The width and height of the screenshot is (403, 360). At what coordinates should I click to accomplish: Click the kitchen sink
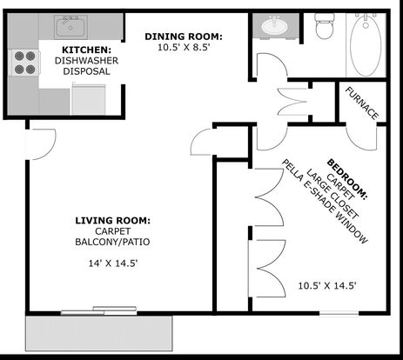click(x=71, y=27)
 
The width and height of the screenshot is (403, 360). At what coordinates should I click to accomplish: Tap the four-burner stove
click(x=24, y=63)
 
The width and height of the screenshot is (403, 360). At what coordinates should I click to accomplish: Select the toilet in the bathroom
click(x=325, y=26)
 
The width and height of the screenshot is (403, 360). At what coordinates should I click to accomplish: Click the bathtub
click(x=366, y=45)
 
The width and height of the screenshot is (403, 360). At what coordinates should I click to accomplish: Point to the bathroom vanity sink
click(x=274, y=26)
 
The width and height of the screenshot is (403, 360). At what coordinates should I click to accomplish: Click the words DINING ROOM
click(x=184, y=37)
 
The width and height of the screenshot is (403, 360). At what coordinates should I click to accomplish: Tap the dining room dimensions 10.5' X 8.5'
click(x=184, y=47)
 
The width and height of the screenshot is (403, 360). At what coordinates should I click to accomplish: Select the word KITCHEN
click(x=86, y=50)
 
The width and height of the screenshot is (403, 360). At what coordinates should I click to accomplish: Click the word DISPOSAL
click(x=86, y=71)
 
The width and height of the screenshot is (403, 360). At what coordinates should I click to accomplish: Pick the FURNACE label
click(x=362, y=103)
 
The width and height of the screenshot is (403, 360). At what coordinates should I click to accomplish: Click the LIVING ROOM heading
click(x=113, y=221)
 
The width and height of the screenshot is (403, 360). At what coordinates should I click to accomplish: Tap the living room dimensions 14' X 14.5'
click(x=113, y=263)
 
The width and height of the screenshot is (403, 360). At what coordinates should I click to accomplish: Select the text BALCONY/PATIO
click(x=112, y=242)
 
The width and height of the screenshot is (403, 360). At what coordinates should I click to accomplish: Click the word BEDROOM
click(x=347, y=178)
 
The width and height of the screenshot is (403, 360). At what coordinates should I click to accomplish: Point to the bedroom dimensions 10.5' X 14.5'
click(x=327, y=286)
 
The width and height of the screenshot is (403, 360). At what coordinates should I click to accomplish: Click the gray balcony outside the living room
click(x=99, y=333)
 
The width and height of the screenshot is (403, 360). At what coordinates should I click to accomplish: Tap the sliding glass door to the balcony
click(x=98, y=310)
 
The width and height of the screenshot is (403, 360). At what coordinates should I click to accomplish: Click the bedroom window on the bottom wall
click(x=339, y=313)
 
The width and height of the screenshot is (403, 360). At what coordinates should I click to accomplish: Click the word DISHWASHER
click(x=86, y=61)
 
